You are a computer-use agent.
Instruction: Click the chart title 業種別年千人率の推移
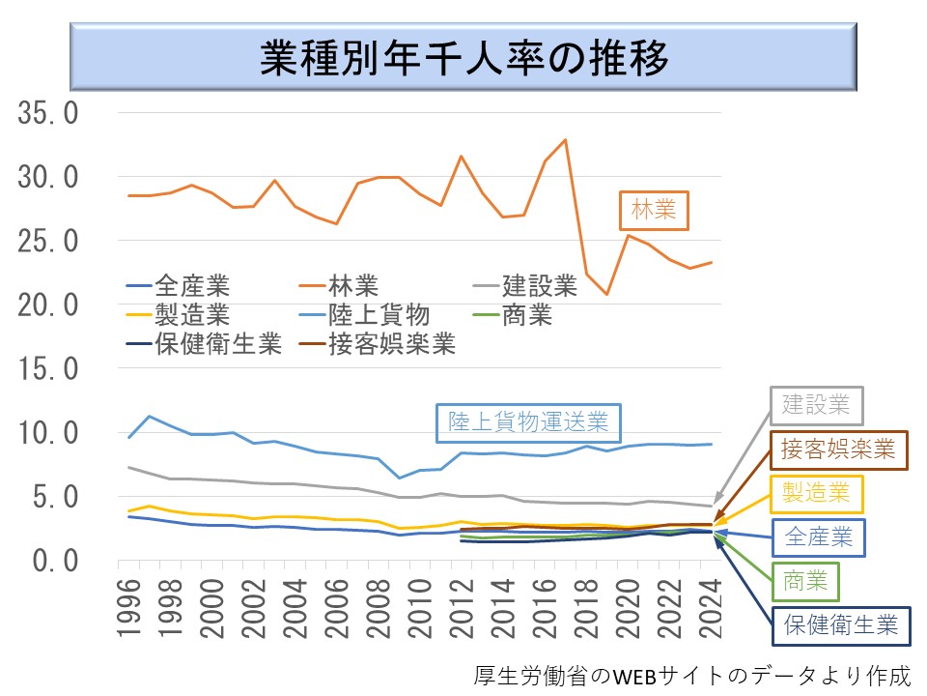coord(463,59)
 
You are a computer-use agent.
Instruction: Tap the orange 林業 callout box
coord(654,210)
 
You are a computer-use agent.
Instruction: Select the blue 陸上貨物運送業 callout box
coord(528,422)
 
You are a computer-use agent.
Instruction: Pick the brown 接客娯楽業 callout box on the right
coord(838,449)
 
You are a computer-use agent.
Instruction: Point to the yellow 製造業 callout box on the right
coord(817,494)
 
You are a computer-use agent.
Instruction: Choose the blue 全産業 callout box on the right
coord(820,537)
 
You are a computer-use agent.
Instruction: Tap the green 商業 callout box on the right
coord(803,581)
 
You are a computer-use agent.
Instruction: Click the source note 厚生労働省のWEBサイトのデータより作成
coord(691,675)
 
